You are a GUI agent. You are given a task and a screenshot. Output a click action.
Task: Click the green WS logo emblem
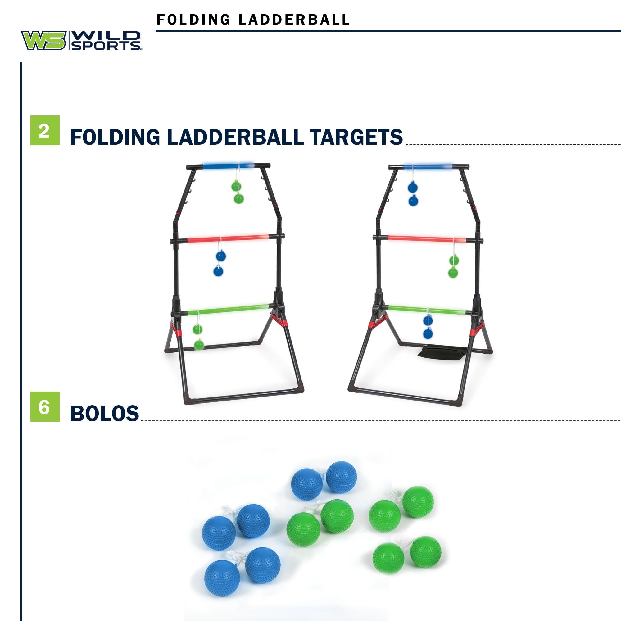(44, 40)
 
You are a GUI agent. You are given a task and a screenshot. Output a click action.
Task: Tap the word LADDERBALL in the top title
(294, 20)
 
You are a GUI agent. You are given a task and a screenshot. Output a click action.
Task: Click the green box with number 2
(45, 130)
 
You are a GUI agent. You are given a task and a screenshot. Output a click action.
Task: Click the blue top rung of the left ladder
(229, 166)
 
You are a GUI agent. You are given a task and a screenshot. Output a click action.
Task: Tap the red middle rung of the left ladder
(229, 239)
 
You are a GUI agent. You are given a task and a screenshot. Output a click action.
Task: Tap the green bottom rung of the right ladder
(427, 310)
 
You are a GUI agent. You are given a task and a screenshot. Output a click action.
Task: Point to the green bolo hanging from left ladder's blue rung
(238, 192)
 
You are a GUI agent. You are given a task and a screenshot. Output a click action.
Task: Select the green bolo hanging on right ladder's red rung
(453, 266)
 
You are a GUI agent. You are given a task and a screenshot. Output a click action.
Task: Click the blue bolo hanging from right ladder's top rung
(413, 194)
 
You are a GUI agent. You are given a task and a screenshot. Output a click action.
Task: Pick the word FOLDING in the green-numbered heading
(115, 137)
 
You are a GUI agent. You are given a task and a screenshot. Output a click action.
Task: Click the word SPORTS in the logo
(106, 46)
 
